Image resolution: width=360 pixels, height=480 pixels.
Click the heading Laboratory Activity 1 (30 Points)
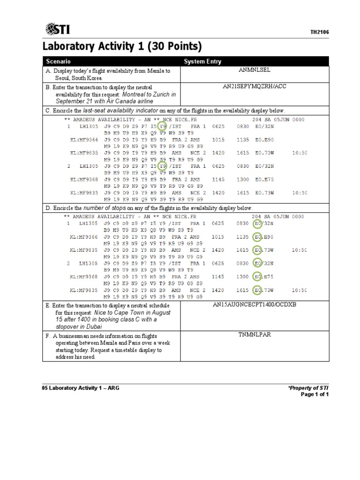point(122,47)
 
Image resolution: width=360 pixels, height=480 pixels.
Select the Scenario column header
point(58,61)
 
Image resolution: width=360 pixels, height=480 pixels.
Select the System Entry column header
point(202,61)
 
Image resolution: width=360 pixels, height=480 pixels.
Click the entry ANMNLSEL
point(255,70)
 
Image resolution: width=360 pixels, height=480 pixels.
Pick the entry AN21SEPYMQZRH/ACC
point(255,87)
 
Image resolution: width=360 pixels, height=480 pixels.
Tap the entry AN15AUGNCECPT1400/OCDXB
point(255,305)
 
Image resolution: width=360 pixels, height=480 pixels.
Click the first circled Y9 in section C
point(163,127)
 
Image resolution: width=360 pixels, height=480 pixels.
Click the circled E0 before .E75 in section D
point(257,277)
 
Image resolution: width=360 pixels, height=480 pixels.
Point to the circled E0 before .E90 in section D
point(257,237)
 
